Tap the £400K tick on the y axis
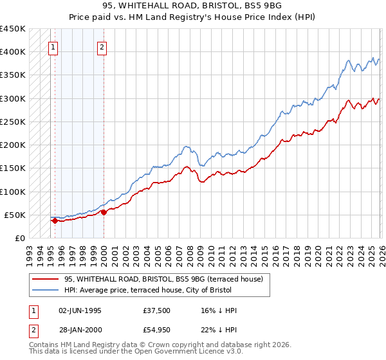point(12,52)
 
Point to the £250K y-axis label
point(12,122)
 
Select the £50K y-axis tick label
point(15,215)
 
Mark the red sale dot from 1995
point(55,221)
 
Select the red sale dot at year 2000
point(104,212)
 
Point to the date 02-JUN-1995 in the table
point(80,310)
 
